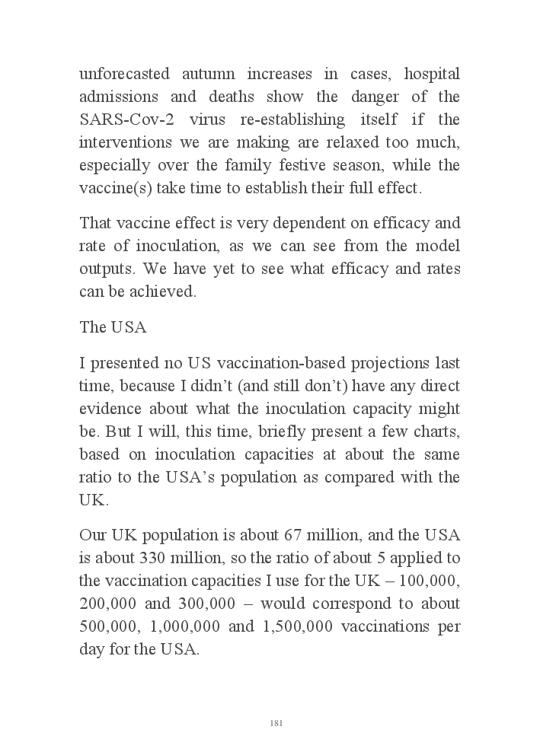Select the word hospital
coord(431,75)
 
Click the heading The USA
coord(113,328)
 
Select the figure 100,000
coord(432,581)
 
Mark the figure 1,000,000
coord(181,626)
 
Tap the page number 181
coord(276,722)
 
